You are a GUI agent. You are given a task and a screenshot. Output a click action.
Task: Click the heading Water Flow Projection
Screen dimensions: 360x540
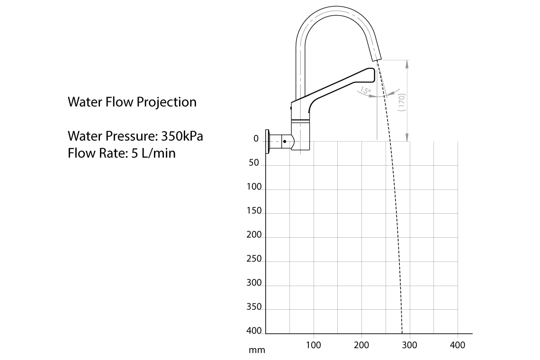click(x=132, y=102)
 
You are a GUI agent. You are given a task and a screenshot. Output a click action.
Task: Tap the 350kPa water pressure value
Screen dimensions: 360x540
click(x=182, y=136)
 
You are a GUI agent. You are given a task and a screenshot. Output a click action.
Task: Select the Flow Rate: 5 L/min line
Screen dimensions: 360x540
click(x=121, y=153)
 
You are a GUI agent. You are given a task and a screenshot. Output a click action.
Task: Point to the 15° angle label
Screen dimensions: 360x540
click(x=366, y=90)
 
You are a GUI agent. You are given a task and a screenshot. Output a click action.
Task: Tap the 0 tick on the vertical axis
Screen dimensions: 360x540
click(x=256, y=139)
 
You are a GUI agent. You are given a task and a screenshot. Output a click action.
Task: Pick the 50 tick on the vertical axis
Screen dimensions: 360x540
click(x=254, y=163)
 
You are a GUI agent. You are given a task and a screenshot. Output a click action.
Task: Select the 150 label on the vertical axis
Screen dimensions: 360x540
click(x=254, y=211)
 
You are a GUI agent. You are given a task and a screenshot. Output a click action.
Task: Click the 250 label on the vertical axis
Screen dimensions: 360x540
click(x=254, y=259)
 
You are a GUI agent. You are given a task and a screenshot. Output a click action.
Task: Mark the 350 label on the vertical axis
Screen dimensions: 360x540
click(x=254, y=307)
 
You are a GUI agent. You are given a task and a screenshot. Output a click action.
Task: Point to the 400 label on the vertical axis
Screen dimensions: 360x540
click(x=254, y=331)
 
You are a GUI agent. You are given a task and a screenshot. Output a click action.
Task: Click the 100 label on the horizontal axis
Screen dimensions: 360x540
click(x=313, y=345)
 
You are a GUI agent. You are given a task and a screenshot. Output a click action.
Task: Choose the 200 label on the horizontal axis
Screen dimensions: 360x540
click(x=361, y=345)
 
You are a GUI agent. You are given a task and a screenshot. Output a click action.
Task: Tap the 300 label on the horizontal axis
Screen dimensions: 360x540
click(x=409, y=345)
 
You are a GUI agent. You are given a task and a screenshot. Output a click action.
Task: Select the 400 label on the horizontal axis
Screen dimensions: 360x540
click(x=457, y=345)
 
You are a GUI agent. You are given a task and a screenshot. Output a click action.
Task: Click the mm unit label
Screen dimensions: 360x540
click(x=257, y=351)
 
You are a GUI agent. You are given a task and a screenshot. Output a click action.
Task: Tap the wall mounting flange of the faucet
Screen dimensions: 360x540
click(x=268, y=142)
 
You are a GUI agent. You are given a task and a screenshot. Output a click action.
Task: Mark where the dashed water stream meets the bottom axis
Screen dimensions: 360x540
click(x=402, y=333)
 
